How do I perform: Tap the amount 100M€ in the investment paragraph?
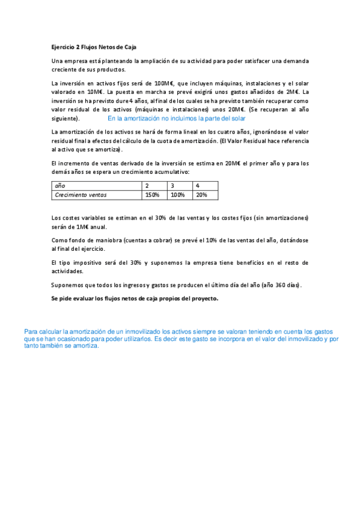click(163, 83)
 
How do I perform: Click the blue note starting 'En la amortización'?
click(176, 119)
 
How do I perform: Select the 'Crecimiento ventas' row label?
click(76, 195)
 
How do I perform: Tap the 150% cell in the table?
click(152, 195)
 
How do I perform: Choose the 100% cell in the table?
click(177, 195)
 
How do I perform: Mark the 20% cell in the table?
click(201, 195)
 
